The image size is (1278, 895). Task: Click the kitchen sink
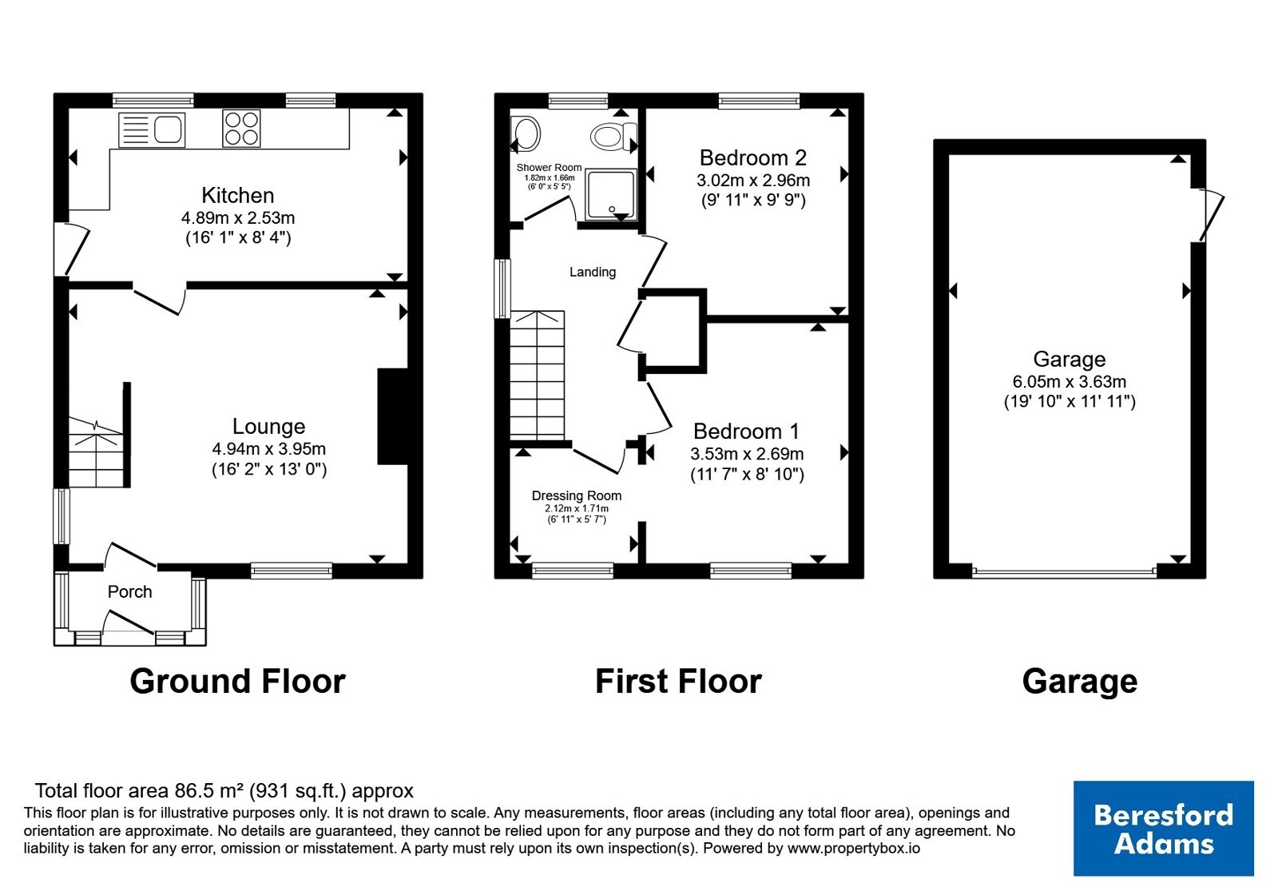point(152,129)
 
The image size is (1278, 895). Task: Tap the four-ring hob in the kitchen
point(241,129)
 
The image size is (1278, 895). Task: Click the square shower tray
point(610,194)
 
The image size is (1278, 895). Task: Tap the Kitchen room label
point(238,195)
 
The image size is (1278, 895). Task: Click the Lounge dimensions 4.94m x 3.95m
point(268,448)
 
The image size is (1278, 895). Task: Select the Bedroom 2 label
point(753,157)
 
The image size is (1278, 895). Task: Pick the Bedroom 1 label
point(746,431)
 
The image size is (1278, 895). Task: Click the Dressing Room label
point(576,495)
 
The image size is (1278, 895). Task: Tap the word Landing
point(593,272)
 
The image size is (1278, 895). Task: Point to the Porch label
point(130,592)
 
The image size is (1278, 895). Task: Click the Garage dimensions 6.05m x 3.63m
point(1070,381)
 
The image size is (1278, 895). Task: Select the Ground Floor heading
point(237,681)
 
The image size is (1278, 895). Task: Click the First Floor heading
point(678,681)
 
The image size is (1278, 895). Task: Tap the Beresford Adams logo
point(1163,828)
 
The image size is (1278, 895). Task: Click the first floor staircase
point(537,375)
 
